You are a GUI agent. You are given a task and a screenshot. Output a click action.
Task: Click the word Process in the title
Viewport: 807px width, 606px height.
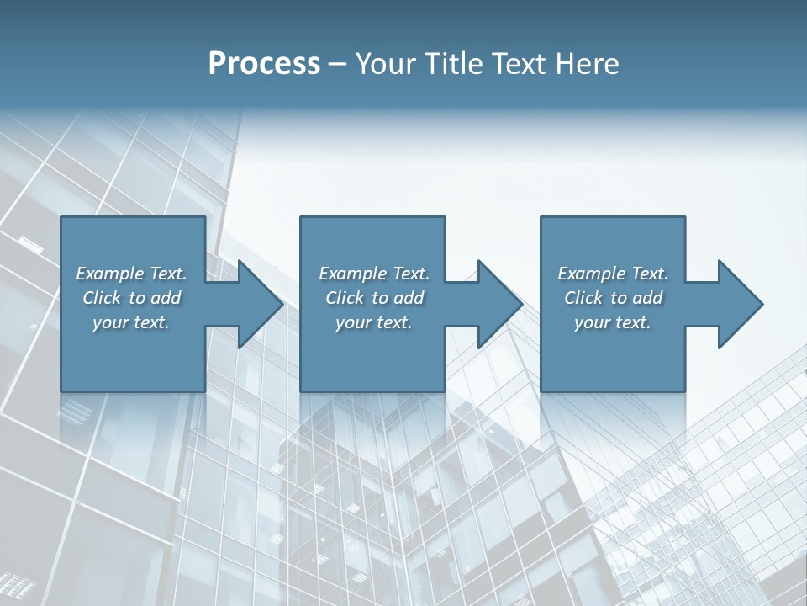coord(264,63)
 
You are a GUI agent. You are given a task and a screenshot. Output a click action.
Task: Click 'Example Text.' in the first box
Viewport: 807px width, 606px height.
coord(131,274)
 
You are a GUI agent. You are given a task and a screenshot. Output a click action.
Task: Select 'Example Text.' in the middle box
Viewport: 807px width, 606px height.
coord(374,274)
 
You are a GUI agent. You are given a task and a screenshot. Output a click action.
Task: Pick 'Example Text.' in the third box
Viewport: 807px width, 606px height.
coord(613,274)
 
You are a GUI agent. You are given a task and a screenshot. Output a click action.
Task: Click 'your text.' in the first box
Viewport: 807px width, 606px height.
coord(131,322)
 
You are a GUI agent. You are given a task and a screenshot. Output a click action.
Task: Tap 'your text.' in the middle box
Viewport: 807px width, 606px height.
coord(374,322)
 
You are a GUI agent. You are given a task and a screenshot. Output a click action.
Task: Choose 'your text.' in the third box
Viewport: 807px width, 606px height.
coord(613,322)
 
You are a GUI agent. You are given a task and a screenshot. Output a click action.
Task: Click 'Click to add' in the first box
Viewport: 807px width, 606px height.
coord(131,298)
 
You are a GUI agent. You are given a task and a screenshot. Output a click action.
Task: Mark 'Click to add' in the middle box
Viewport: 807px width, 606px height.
coord(374,298)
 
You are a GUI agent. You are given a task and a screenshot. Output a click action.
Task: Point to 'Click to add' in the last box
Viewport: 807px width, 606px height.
coord(613,298)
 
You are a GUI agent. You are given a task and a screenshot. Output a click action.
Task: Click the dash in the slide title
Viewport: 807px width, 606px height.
coord(338,65)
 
